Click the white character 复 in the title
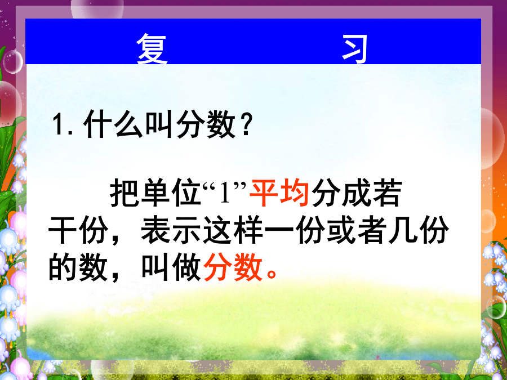tap(152, 48)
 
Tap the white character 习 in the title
tap(355, 49)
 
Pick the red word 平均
tap(279, 193)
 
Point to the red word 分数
tap(233, 267)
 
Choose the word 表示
tap(171, 230)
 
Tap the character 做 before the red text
tap(186, 267)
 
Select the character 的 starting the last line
tap(63, 267)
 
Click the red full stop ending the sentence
tap(272, 274)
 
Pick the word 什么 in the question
tap(113, 124)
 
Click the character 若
tap(388, 193)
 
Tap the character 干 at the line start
tap(63, 230)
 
